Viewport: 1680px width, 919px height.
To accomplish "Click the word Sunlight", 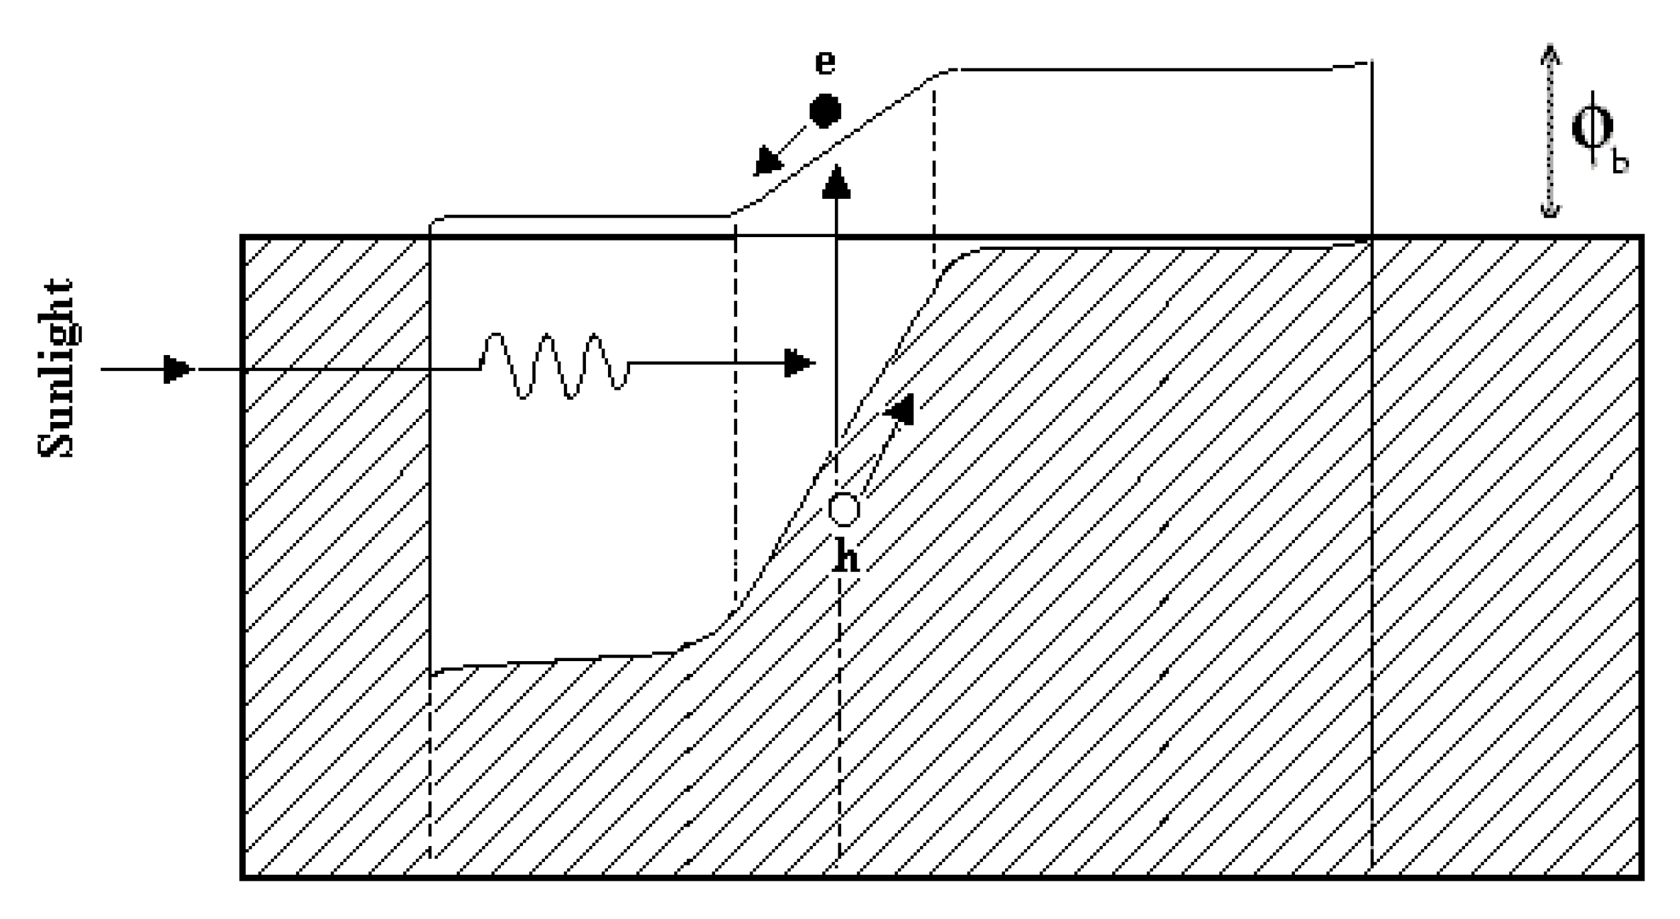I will click(x=55, y=368).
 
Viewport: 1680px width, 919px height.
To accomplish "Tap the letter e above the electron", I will click(x=825, y=62).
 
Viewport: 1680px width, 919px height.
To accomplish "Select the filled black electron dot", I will click(x=825, y=111).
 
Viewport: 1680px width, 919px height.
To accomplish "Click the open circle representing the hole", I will click(x=843, y=510).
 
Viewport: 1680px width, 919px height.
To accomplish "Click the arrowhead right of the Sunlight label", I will click(x=178, y=369).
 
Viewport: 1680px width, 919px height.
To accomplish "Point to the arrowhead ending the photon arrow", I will click(x=800, y=364).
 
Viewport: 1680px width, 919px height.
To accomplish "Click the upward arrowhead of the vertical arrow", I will click(x=836, y=182).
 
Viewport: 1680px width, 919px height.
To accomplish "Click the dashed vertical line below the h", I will click(x=839, y=717).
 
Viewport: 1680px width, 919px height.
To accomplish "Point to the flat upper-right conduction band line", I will click(x=1138, y=70).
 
